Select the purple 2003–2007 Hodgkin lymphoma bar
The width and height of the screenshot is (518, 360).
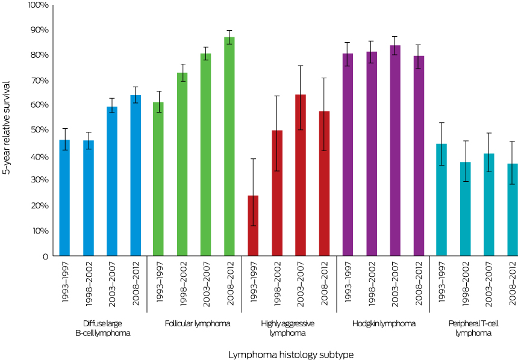[x=395, y=151]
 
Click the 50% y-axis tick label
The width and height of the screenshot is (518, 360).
[x=39, y=130]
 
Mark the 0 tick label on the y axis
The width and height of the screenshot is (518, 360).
[x=45, y=256]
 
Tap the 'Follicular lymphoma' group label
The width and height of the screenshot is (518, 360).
[x=197, y=323]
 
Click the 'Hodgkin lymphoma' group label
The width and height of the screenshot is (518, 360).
[x=384, y=323]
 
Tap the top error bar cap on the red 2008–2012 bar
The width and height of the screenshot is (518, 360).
[x=323, y=78]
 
